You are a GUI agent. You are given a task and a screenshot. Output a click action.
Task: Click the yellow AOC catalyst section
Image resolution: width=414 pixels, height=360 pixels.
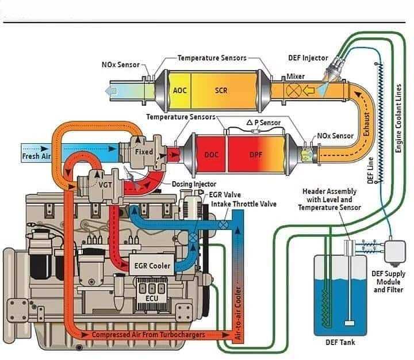(x=179, y=90)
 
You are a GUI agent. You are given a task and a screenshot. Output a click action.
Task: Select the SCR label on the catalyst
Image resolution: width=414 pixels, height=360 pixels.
(x=221, y=91)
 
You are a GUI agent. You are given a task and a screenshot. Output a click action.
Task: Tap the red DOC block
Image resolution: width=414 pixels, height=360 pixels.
(x=211, y=154)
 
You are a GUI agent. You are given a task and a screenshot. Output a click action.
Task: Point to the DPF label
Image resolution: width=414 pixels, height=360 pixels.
(x=255, y=155)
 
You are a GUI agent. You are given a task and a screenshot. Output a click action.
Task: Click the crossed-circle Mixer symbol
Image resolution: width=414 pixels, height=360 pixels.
(x=294, y=91)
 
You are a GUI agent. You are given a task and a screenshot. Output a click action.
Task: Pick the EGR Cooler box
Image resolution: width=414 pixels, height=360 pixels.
(x=152, y=265)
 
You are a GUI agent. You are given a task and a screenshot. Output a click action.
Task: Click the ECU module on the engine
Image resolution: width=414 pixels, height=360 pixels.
(x=152, y=294)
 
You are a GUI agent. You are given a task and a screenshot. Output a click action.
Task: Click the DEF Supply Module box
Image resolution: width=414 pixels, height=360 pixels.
(x=395, y=251)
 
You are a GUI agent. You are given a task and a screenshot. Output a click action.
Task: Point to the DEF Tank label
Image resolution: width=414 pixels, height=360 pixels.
(x=340, y=342)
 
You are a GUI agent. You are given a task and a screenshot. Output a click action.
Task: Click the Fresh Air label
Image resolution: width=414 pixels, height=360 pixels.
(x=36, y=156)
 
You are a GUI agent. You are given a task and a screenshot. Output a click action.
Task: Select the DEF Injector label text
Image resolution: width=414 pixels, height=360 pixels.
(x=308, y=58)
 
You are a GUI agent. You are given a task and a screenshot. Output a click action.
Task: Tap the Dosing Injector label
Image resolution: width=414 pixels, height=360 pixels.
(x=194, y=184)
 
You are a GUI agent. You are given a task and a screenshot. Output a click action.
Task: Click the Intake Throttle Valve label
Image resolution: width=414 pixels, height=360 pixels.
(x=244, y=204)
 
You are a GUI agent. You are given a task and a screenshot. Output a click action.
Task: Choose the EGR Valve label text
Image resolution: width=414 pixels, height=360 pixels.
(x=225, y=194)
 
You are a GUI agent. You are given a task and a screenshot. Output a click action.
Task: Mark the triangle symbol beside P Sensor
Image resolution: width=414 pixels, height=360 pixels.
(x=250, y=122)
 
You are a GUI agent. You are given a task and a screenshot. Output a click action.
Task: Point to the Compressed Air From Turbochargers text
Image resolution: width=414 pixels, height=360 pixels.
(x=148, y=335)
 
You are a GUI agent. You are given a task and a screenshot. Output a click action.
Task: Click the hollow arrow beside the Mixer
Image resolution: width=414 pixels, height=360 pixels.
(x=308, y=91)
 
